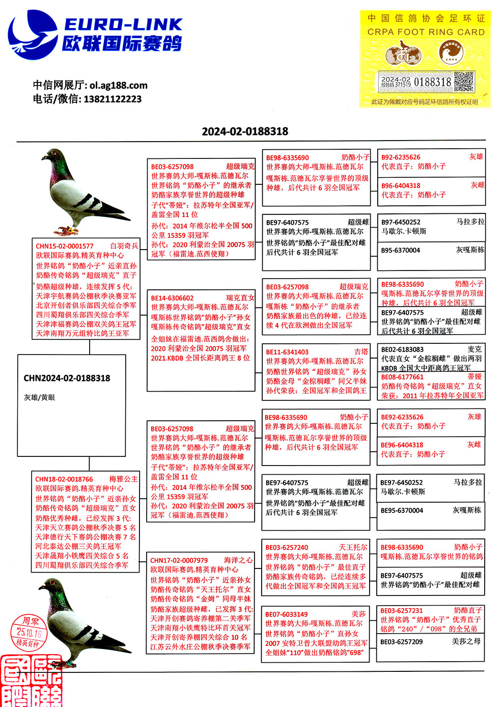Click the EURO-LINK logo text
point(123,24)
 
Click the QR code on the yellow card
point(463,81)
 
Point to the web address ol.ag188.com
point(119,85)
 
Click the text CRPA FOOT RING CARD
point(426,32)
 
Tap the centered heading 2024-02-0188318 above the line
point(245,131)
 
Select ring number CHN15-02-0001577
point(65,246)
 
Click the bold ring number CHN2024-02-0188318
point(67,378)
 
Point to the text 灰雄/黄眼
point(39,397)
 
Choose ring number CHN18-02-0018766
point(64,479)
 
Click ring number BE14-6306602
point(172,298)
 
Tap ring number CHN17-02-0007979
point(179,560)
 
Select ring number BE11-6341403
point(287,352)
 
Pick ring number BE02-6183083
point(402,349)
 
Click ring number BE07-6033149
point(286,614)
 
